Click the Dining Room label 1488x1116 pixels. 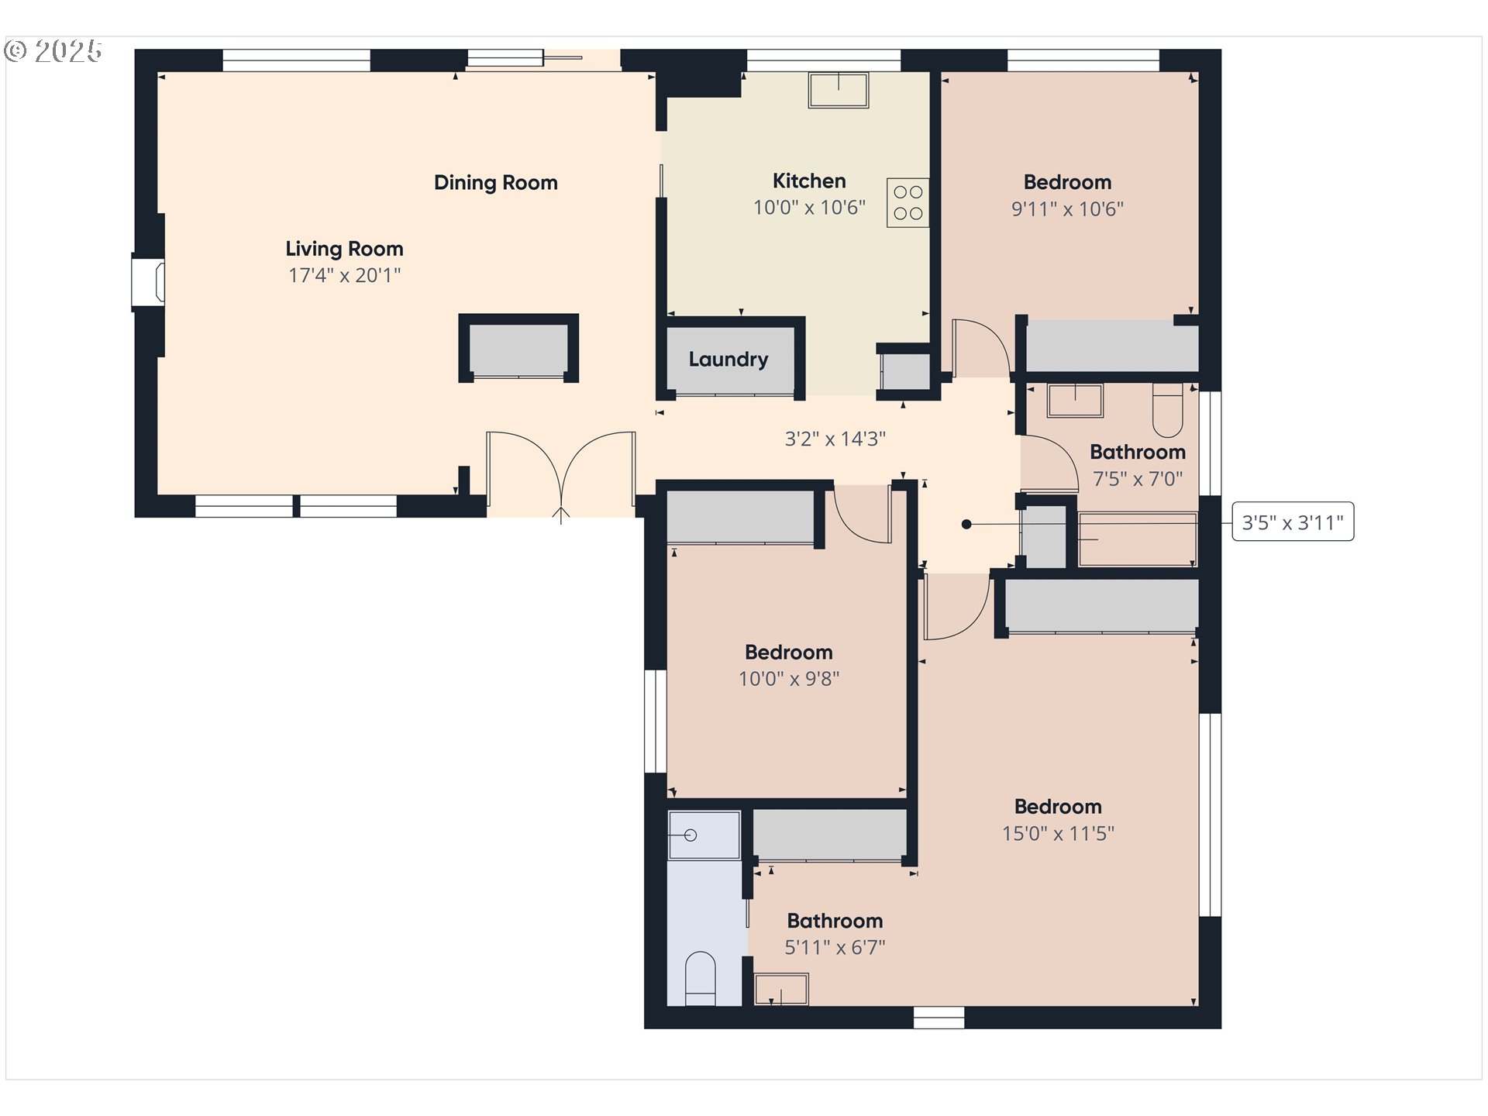click(496, 183)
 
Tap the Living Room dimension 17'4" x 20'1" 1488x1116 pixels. click(345, 275)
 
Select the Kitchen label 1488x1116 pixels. click(809, 181)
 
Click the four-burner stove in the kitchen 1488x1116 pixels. click(908, 203)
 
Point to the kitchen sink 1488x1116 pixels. click(839, 90)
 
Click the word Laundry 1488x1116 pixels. click(728, 360)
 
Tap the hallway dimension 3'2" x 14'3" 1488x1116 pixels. click(835, 439)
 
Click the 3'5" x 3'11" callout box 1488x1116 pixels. click(1293, 522)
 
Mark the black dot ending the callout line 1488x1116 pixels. click(966, 525)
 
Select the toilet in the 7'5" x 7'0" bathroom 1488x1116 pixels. click(1168, 410)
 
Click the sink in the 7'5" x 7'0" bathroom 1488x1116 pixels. click(1075, 400)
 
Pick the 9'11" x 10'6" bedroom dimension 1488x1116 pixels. click(1068, 209)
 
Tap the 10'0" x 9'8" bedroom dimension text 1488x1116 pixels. click(789, 679)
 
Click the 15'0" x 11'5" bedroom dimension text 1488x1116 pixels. click(1059, 834)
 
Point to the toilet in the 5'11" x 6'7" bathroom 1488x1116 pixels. click(701, 978)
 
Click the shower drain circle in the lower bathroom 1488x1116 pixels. click(691, 835)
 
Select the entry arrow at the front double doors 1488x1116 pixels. click(561, 515)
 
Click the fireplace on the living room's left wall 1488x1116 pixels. click(148, 281)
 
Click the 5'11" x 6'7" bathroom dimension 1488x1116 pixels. click(835, 947)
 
